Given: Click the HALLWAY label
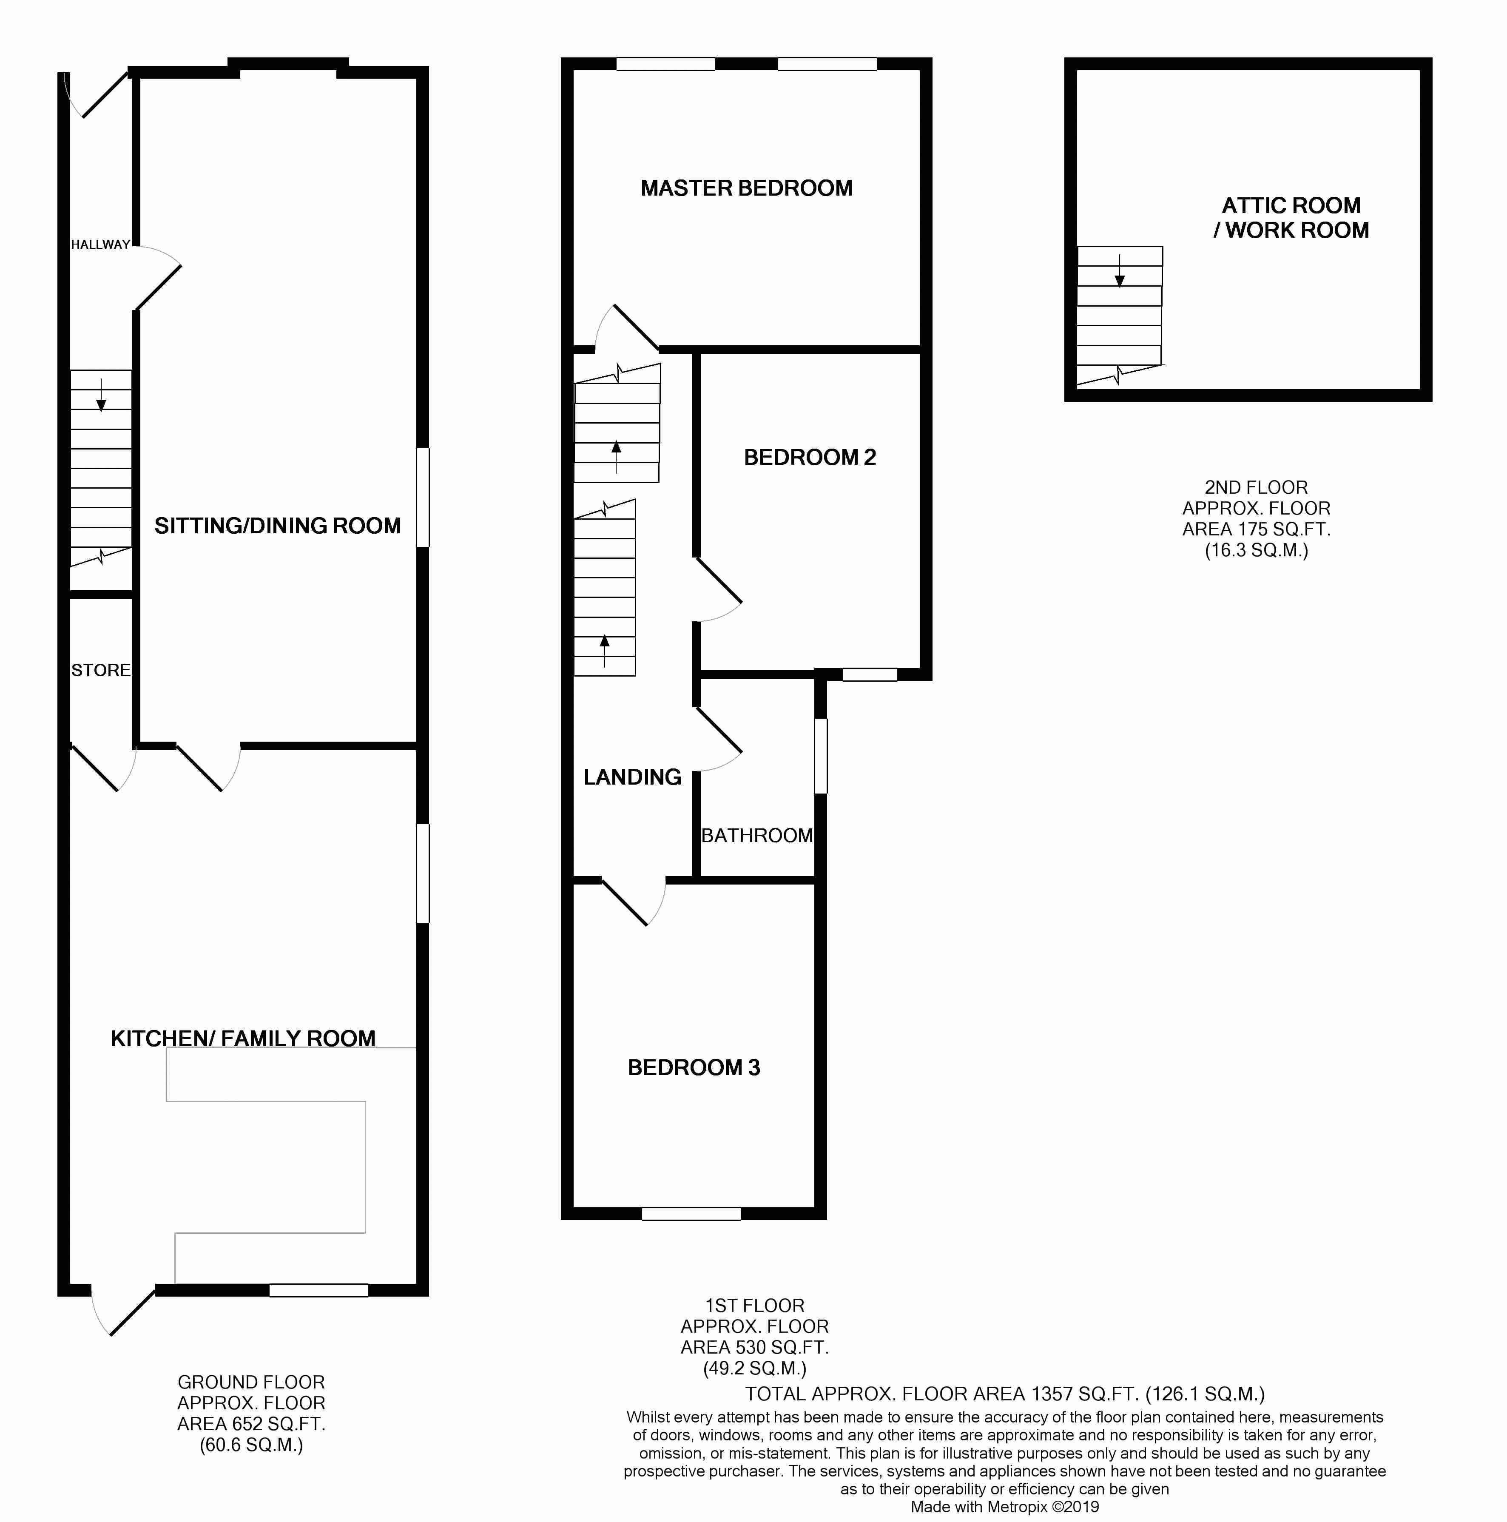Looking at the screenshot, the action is tap(100, 244).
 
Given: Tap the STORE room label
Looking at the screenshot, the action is tap(101, 670).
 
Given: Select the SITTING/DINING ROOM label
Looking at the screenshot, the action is tap(277, 526).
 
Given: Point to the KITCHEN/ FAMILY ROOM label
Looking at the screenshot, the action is tap(243, 1038).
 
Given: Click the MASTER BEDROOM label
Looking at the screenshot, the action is tap(746, 188).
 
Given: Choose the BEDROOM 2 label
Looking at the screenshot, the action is tap(810, 457).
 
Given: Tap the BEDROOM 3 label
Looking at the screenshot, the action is tap(694, 1067).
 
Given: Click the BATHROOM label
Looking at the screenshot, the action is tap(757, 835).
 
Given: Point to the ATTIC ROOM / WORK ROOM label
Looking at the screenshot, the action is tap(1291, 217).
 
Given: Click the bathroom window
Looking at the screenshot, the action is tap(821, 756).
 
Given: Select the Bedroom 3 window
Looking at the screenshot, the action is tap(691, 1214).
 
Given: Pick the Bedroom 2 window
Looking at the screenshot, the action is tap(870, 674).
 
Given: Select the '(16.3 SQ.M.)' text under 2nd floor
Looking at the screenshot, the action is tap(1257, 550).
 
